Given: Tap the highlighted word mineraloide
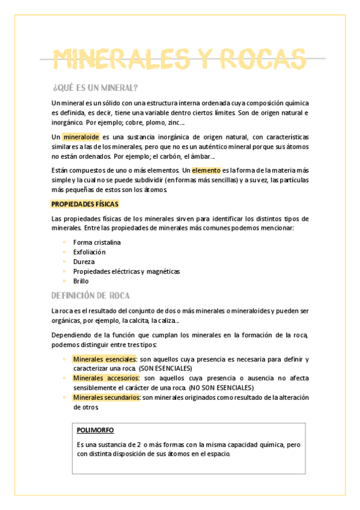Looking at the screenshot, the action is tap(81, 137).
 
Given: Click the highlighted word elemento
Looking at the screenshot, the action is tap(206, 171).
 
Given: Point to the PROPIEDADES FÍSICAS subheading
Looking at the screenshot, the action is tap(85, 204).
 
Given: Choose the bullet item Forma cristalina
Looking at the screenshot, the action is tap(97, 242).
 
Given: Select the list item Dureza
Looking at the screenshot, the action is tap(84, 262).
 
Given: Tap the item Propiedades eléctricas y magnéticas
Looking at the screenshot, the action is tap(126, 271).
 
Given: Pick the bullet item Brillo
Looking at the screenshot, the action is tap(81, 281).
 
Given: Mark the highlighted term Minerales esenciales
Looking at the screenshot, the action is tap(105, 359).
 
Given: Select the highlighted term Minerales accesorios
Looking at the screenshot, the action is tap(106, 378).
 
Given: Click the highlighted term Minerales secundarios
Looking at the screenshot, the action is tap(106, 398).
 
